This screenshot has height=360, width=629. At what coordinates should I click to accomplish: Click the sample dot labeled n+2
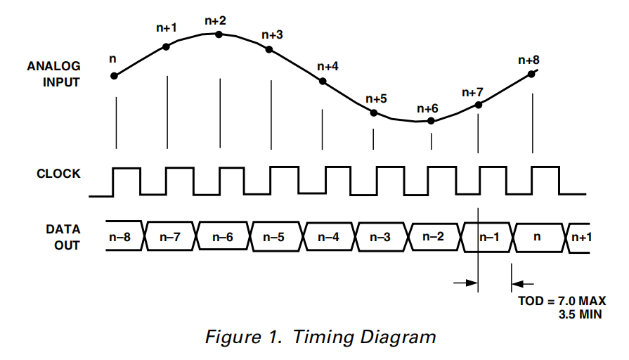tap(219, 34)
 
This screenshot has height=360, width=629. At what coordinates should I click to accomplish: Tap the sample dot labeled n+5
tap(374, 112)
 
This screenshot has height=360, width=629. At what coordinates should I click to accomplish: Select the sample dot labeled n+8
tap(531, 74)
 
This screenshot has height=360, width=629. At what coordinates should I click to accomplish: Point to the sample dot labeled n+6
tap(431, 121)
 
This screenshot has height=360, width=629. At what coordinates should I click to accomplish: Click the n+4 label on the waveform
tap(328, 66)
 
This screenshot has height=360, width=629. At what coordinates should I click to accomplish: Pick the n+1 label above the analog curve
tap(167, 28)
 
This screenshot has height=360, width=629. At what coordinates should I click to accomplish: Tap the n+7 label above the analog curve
tap(473, 92)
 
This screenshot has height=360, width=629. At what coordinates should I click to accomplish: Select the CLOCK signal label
tap(58, 174)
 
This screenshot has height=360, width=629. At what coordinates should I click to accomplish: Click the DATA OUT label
tap(63, 238)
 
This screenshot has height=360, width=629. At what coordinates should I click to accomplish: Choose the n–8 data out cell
tap(120, 238)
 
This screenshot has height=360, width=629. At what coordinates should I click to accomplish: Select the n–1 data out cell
tap(489, 238)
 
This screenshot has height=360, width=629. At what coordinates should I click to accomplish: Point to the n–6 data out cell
tap(223, 238)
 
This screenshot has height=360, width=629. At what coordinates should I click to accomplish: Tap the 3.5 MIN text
tap(580, 314)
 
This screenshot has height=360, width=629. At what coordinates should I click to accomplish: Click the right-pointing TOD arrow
tap(465, 283)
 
